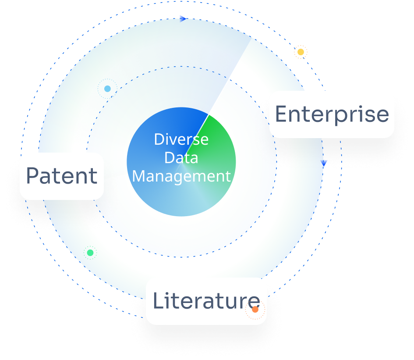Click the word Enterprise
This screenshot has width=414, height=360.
coord(332,114)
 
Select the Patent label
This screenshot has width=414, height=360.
coord(62,176)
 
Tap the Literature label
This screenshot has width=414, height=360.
coord(206,301)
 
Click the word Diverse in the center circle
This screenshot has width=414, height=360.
coord(181,139)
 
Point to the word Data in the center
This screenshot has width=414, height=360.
coord(181,157)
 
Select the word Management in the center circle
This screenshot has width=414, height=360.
coord(181,176)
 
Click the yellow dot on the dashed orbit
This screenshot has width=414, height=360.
coord(301,52)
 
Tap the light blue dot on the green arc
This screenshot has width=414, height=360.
coord(107,89)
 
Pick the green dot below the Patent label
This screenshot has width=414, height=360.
coord(90,253)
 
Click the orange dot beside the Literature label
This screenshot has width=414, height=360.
coord(255,310)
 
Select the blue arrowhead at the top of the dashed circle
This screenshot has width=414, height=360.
coord(183,18)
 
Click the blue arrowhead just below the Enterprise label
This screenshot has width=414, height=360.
coord(324,163)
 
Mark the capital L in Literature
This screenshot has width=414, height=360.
coord(158,301)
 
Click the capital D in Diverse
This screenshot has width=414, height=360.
coord(159,139)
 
